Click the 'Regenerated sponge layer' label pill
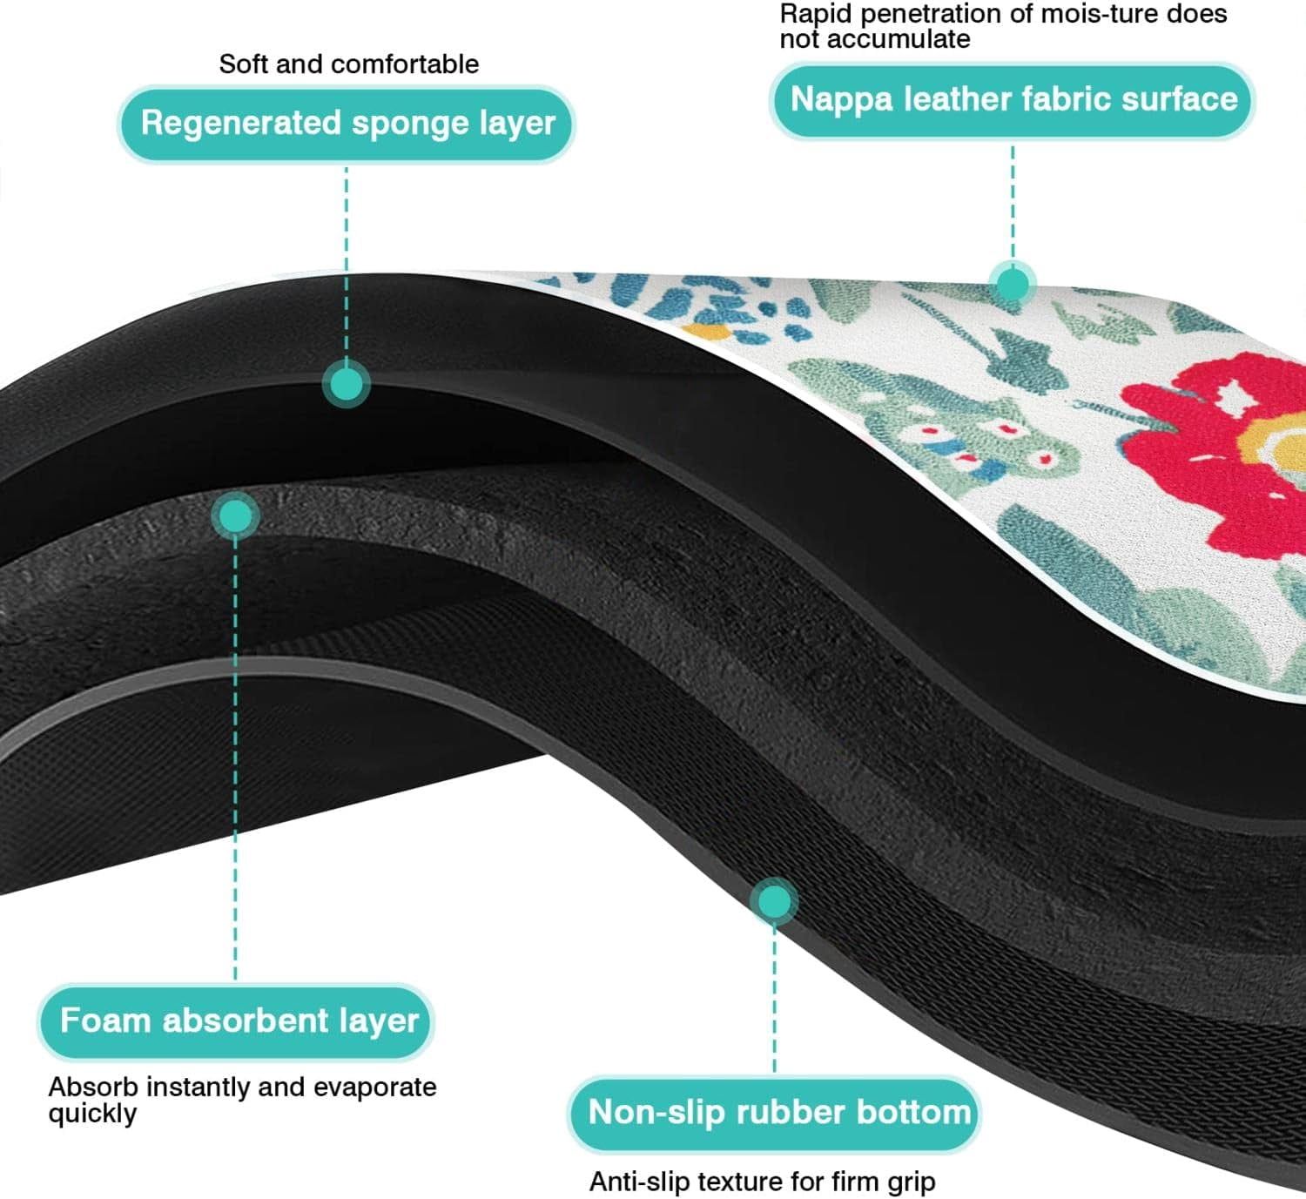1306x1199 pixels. click(347, 124)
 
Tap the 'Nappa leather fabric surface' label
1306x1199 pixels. click(1013, 100)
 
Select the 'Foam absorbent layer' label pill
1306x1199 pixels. click(236, 1021)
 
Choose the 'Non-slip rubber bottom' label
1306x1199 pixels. click(775, 1113)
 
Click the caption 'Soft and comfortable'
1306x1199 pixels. click(349, 64)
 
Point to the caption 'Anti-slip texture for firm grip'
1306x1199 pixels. click(763, 1181)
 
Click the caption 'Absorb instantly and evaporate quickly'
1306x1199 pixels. click(242, 1100)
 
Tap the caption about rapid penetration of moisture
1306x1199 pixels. click(1003, 25)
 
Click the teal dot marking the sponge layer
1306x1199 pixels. click(347, 384)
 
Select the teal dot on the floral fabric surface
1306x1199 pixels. click(1013, 285)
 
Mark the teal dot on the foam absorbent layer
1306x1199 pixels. click(235, 516)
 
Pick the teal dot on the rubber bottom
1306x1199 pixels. click(774, 902)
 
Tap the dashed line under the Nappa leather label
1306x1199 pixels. click(1013, 202)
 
